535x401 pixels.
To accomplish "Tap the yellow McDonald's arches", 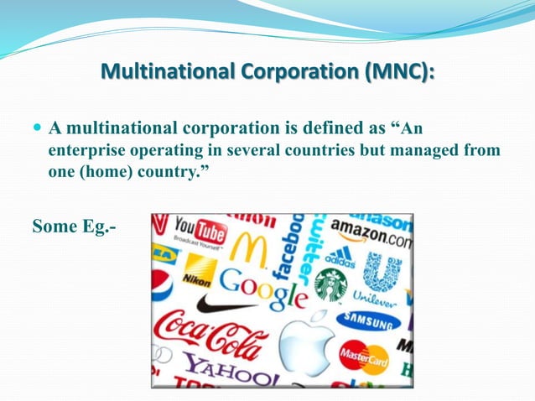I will click(247, 248).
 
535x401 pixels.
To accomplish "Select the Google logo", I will click(262, 288).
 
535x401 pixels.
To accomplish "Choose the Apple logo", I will click(307, 341).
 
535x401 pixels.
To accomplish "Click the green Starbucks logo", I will click(330, 285).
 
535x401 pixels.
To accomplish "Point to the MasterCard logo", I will click(364, 357).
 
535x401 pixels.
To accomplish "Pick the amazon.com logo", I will click(371, 232).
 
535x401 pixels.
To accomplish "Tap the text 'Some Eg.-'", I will click(74, 227).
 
